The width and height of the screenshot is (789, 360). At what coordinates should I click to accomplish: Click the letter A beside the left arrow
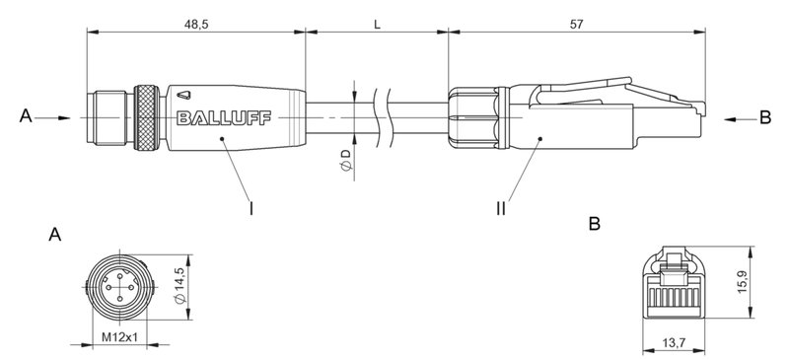pyautogui.click(x=25, y=117)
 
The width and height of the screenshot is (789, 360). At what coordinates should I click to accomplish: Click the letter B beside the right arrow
pyautogui.click(x=765, y=117)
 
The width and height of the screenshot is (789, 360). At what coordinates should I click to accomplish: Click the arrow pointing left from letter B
pyautogui.click(x=736, y=117)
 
